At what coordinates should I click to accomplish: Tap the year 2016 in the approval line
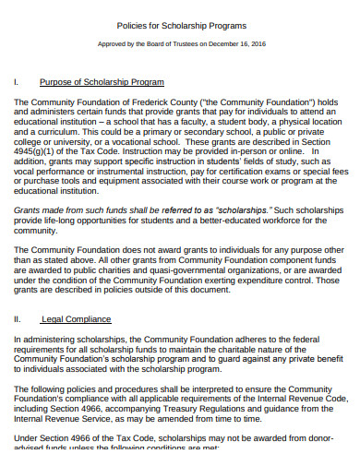point(254,43)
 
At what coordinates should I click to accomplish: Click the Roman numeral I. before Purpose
point(17,83)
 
